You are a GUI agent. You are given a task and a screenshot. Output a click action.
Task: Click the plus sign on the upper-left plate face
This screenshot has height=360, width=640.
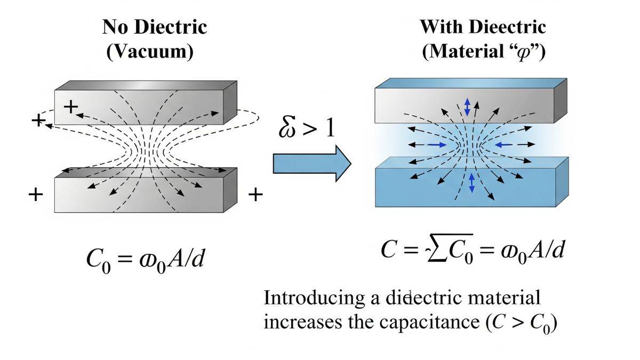[70, 107]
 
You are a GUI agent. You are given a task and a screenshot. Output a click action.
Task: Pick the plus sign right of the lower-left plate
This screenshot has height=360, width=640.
[256, 195]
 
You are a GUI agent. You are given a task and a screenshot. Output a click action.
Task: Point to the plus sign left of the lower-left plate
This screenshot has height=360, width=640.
[35, 194]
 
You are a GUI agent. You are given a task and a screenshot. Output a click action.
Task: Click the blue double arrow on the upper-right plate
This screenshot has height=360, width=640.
[468, 107]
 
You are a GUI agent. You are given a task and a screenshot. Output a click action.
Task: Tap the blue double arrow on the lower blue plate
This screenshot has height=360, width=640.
[471, 182]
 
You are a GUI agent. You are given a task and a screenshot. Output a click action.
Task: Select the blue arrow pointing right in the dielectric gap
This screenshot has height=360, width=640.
[437, 145]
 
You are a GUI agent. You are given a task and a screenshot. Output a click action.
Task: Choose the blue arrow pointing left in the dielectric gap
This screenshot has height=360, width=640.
[503, 144]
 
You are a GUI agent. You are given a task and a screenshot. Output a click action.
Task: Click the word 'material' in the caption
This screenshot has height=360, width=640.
[506, 298]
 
